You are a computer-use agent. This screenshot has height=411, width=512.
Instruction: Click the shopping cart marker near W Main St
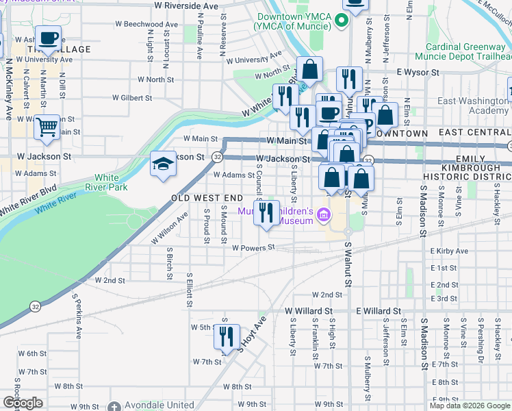[47, 127]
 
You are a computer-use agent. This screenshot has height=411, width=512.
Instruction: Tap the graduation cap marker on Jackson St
[163, 164]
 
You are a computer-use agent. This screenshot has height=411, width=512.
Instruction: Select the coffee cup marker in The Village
[48, 39]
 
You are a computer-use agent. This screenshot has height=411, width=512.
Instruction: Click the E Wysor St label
[417, 71]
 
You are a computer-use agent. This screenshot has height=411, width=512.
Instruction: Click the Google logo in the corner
[23, 403]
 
